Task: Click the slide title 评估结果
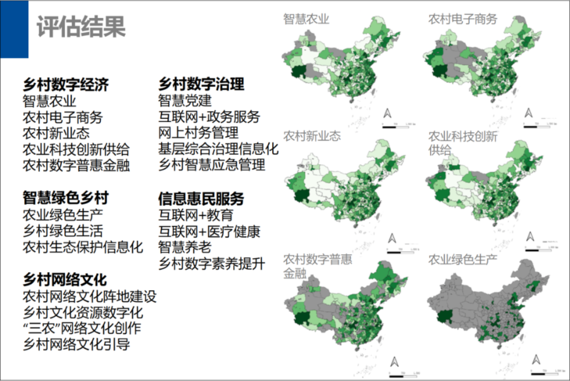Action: click(x=81, y=27)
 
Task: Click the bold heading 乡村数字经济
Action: click(x=66, y=84)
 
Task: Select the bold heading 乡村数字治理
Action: click(x=201, y=84)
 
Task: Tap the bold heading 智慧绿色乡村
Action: click(x=66, y=198)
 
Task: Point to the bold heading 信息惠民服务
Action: click(x=201, y=198)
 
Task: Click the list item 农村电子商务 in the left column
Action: click(x=63, y=117)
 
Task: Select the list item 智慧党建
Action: click(x=185, y=100)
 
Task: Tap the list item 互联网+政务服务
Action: click(x=209, y=117)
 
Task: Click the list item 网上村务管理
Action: click(x=198, y=133)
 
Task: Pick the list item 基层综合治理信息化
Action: click(x=218, y=149)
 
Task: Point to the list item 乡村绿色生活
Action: click(x=63, y=231)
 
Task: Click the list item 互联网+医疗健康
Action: click(x=209, y=232)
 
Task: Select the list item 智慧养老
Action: click(x=185, y=247)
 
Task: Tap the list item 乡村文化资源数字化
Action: click(x=83, y=312)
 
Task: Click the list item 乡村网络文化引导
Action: click(x=76, y=344)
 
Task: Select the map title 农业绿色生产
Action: click(x=463, y=260)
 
